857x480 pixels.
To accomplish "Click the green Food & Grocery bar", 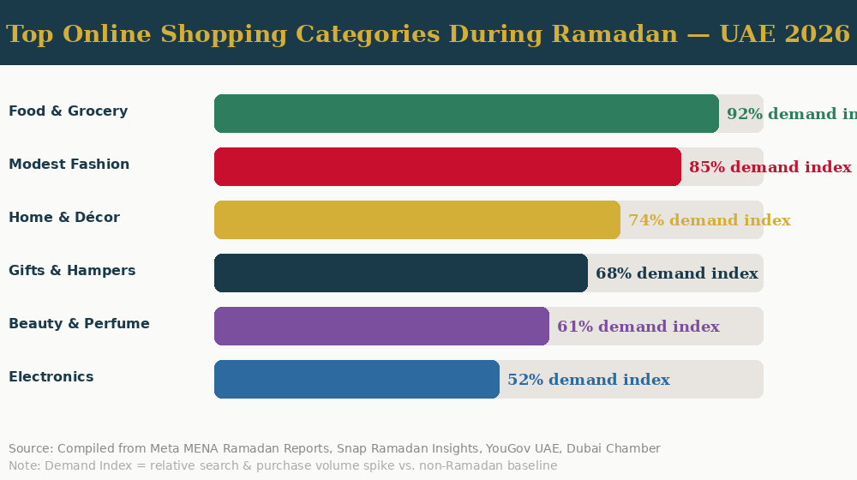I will coord(466,114).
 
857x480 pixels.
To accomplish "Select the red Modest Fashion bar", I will coord(447,167).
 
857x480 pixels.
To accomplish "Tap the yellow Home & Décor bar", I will coord(417,220).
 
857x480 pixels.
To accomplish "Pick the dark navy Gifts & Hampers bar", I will coord(400,273).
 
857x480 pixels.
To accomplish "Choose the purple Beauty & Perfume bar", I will coord(381,327).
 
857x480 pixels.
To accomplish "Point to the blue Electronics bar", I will coord(357,380).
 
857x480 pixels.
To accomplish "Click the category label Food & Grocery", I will coord(68,111).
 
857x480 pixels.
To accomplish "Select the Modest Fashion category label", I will coord(69,165).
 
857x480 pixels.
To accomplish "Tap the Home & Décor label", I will coord(64,218).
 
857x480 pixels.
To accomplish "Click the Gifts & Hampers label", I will coord(72,271).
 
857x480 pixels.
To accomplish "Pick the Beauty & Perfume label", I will coord(79,324).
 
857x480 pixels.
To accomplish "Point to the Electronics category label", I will coord(51,377).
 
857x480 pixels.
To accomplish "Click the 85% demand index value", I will coord(770,167).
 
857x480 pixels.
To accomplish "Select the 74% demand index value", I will coord(709,220).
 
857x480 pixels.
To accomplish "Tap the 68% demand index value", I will coord(676,273).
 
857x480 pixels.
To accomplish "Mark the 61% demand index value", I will coord(638,327).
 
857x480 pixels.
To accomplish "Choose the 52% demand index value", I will coord(588,380).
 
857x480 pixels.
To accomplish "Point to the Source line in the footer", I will coord(334,448).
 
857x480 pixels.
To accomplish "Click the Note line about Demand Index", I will coord(283,465).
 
